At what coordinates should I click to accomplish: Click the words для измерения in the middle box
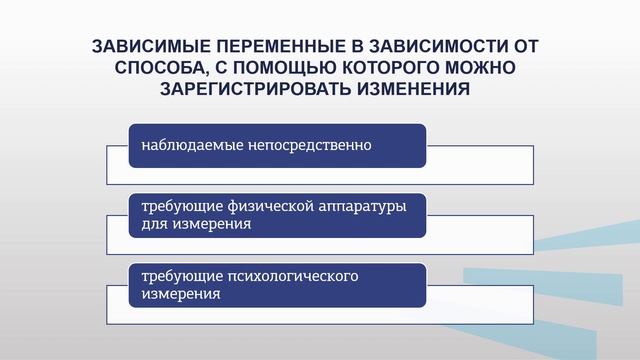coord(196,225)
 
